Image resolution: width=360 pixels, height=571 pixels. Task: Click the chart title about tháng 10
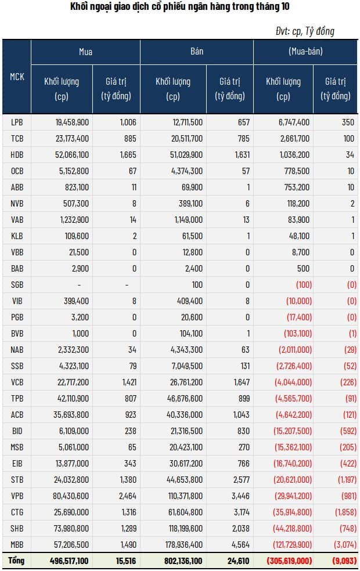point(179,7)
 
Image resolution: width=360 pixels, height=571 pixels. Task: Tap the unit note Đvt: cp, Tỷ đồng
point(305,31)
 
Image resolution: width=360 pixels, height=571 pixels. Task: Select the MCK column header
point(17,76)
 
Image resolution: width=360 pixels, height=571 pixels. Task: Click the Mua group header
point(85,52)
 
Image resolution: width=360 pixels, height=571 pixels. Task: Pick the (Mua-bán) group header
point(305,52)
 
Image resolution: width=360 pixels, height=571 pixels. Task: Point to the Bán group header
point(196,52)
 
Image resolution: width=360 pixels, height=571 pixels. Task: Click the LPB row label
point(17,122)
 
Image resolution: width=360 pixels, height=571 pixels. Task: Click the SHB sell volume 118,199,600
point(179,528)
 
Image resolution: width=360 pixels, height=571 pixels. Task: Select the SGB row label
point(17,284)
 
